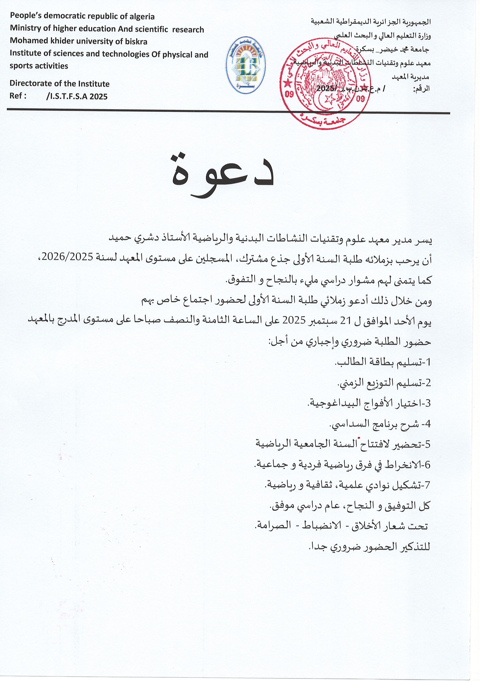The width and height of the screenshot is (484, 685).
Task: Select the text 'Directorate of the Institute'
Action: (59, 84)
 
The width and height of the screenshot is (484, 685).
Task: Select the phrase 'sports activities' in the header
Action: (39, 66)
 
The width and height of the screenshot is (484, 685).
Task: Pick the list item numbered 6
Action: (342, 465)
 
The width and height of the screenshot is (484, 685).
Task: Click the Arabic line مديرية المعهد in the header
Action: (410, 77)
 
